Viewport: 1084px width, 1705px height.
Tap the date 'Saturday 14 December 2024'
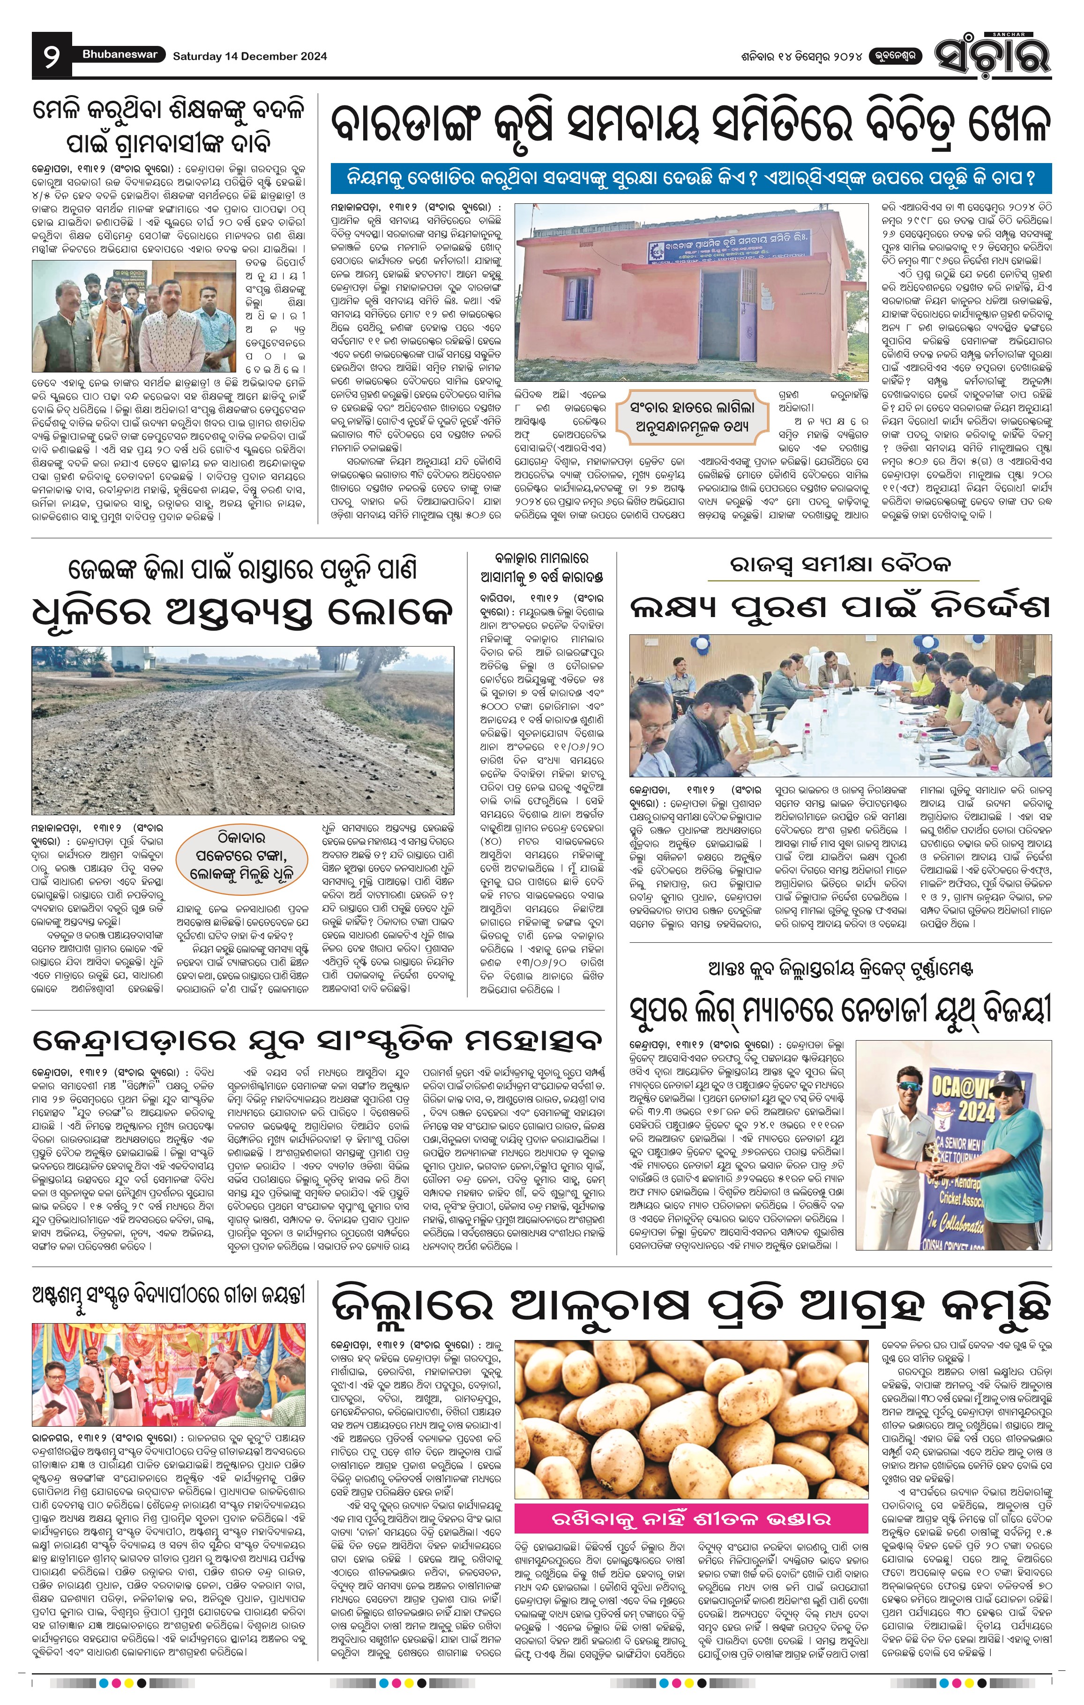(249, 56)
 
